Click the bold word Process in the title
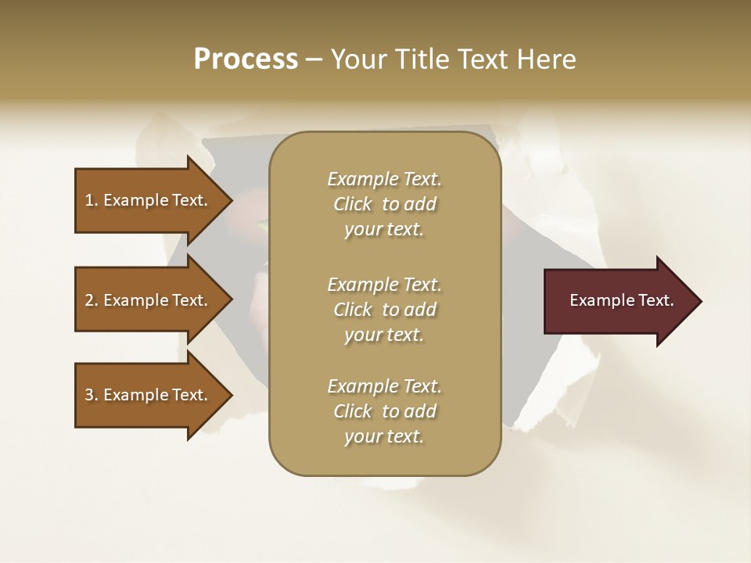click(246, 59)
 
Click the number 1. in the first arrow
click(92, 200)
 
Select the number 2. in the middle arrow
click(92, 300)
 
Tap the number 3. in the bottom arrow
click(92, 395)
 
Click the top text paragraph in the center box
click(384, 204)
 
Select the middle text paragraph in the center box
click(384, 310)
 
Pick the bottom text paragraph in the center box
click(384, 411)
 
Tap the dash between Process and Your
click(314, 60)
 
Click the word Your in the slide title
click(356, 59)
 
